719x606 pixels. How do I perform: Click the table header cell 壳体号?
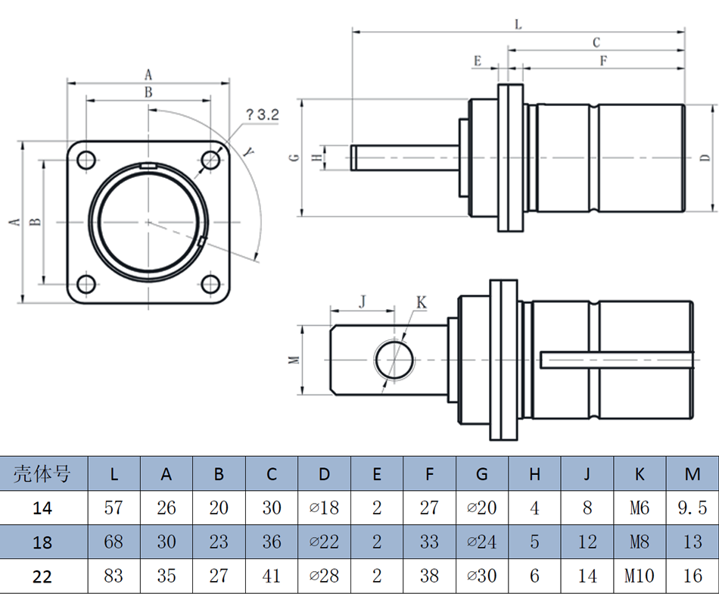point(42,474)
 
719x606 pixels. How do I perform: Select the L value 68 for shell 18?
point(114,542)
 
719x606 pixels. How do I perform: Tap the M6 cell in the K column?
point(640,508)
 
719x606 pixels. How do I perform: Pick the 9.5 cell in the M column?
point(693,508)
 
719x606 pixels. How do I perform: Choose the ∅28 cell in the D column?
point(324,576)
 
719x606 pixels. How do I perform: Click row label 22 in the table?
point(42,576)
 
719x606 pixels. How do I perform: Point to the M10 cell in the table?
point(640,576)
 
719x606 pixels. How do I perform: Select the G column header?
point(482,474)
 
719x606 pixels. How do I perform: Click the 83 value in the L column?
point(114,576)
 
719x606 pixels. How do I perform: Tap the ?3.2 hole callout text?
point(262,115)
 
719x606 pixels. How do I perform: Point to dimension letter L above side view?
point(518,24)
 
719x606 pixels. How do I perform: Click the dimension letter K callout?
point(422,303)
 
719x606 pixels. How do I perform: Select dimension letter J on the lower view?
point(362,301)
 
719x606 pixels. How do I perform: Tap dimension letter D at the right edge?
point(705,158)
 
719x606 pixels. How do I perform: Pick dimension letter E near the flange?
point(478,61)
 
